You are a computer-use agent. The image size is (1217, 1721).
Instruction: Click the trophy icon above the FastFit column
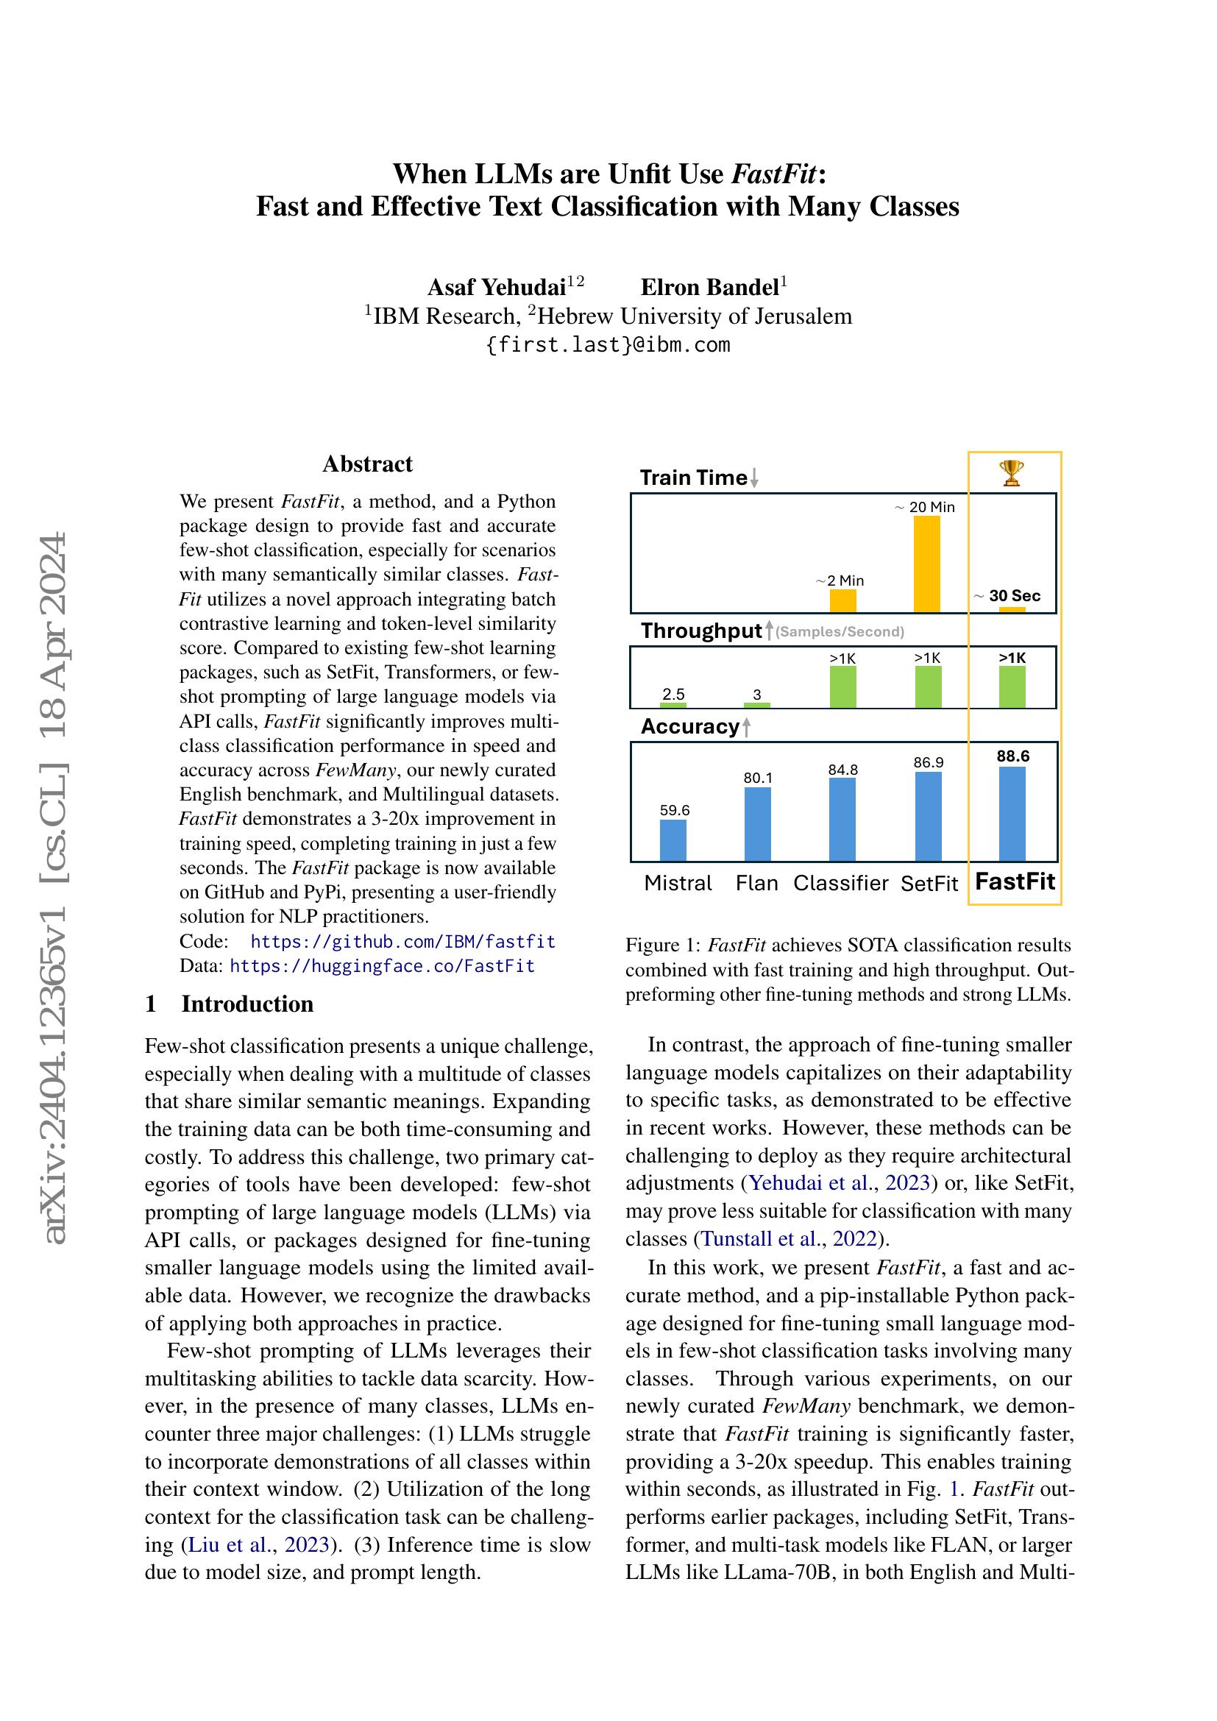coord(1012,473)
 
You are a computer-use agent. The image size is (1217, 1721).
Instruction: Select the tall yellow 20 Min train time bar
coord(927,564)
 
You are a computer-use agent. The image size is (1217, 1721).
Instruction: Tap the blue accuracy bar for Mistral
coord(673,840)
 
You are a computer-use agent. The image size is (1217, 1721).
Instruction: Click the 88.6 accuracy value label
coord(1013,756)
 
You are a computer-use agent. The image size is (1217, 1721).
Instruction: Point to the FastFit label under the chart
coord(1015,881)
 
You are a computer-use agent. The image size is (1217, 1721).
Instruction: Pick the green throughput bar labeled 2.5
coord(673,705)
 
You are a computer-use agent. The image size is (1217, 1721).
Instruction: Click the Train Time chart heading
coord(694,478)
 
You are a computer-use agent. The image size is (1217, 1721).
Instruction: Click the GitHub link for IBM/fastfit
coord(402,942)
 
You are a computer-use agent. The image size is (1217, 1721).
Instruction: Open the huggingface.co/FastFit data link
coord(382,966)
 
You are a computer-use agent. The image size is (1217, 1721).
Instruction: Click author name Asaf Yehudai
coord(496,287)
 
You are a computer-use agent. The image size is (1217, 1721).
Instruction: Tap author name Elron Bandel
coord(709,287)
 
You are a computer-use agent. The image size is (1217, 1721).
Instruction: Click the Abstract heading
coord(367,464)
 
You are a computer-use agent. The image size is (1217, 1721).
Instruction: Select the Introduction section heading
coord(246,1004)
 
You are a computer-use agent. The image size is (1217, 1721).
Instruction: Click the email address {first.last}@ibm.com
coord(608,345)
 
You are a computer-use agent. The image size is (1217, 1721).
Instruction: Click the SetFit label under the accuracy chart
coord(929,884)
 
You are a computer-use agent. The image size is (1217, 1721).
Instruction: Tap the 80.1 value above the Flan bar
coord(757,778)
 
